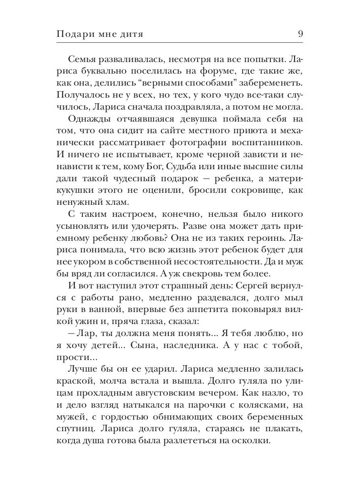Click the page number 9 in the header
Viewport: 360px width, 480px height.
(x=300, y=34)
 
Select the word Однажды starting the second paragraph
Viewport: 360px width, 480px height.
(x=91, y=119)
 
